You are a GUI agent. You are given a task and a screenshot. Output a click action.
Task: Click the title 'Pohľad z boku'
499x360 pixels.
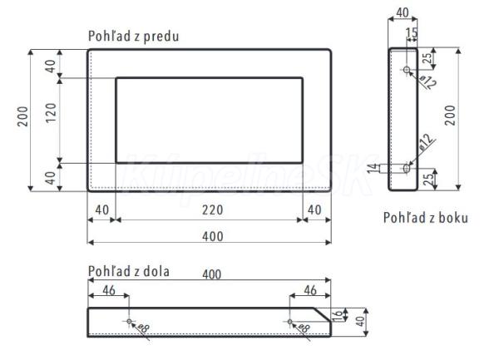425,218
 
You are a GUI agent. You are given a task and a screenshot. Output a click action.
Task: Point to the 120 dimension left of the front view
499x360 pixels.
51,120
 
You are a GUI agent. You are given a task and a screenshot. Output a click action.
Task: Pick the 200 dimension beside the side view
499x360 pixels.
450,116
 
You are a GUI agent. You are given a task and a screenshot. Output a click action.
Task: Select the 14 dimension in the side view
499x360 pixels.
372,169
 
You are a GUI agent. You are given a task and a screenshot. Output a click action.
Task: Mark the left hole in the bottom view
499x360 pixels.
129,320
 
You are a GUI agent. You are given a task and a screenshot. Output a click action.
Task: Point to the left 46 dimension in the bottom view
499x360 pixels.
108,291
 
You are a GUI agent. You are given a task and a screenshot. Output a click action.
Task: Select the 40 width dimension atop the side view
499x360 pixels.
403,13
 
